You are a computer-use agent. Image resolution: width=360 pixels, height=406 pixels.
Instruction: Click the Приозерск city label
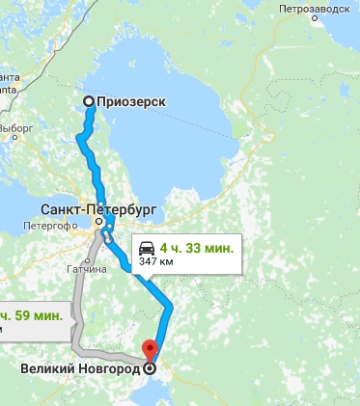pyautogui.click(x=132, y=102)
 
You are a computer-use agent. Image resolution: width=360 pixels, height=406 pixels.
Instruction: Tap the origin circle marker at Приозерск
pyautogui.click(x=89, y=102)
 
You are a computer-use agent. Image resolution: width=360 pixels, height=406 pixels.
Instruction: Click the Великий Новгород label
pyautogui.click(x=79, y=368)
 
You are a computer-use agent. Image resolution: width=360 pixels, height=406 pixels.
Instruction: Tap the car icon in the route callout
pyautogui.click(x=146, y=245)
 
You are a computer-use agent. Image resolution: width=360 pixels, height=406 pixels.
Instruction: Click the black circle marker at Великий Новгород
pyautogui.click(x=149, y=367)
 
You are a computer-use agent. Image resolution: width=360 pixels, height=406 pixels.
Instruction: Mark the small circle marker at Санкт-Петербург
pyautogui.click(x=99, y=223)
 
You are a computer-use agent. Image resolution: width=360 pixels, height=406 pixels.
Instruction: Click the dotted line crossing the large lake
pyautogui.click(x=218, y=125)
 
